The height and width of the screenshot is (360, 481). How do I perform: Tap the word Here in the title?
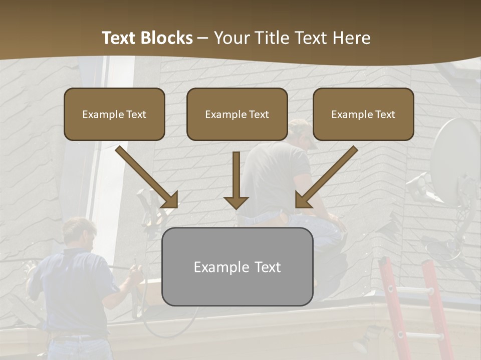(x=353, y=38)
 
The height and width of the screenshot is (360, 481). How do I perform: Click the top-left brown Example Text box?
(x=114, y=114)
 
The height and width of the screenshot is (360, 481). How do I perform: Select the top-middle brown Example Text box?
(x=237, y=114)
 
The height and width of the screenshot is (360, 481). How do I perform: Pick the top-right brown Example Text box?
(x=363, y=114)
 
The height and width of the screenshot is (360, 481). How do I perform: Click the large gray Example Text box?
(x=237, y=266)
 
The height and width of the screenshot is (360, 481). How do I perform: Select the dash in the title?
(x=203, y=38)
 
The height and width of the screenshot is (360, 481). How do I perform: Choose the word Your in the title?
(x=230, y=38)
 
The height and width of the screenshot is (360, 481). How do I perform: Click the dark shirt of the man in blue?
(x=75, y=290)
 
